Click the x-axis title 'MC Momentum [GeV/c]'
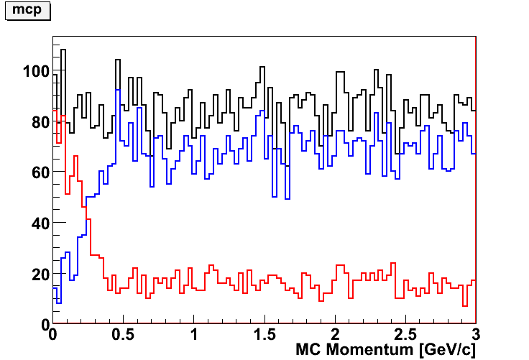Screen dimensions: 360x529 coord(386,351)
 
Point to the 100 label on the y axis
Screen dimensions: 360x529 coord(35,72)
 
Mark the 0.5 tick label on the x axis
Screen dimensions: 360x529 coord(123,336)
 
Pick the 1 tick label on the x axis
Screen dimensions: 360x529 coord(194,336)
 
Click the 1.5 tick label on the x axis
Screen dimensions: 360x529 coord(264,336)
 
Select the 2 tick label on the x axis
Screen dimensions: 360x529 coord(335,336)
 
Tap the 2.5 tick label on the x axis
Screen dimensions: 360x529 coord(405,336)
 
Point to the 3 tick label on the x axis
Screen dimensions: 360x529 coord(474,336)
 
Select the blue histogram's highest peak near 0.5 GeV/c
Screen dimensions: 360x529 coord(117,90)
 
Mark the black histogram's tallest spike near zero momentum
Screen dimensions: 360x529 coord(63,50)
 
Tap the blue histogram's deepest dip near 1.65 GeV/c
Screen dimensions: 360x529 coord(287,198)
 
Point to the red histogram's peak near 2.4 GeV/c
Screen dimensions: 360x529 coord(392,263)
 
